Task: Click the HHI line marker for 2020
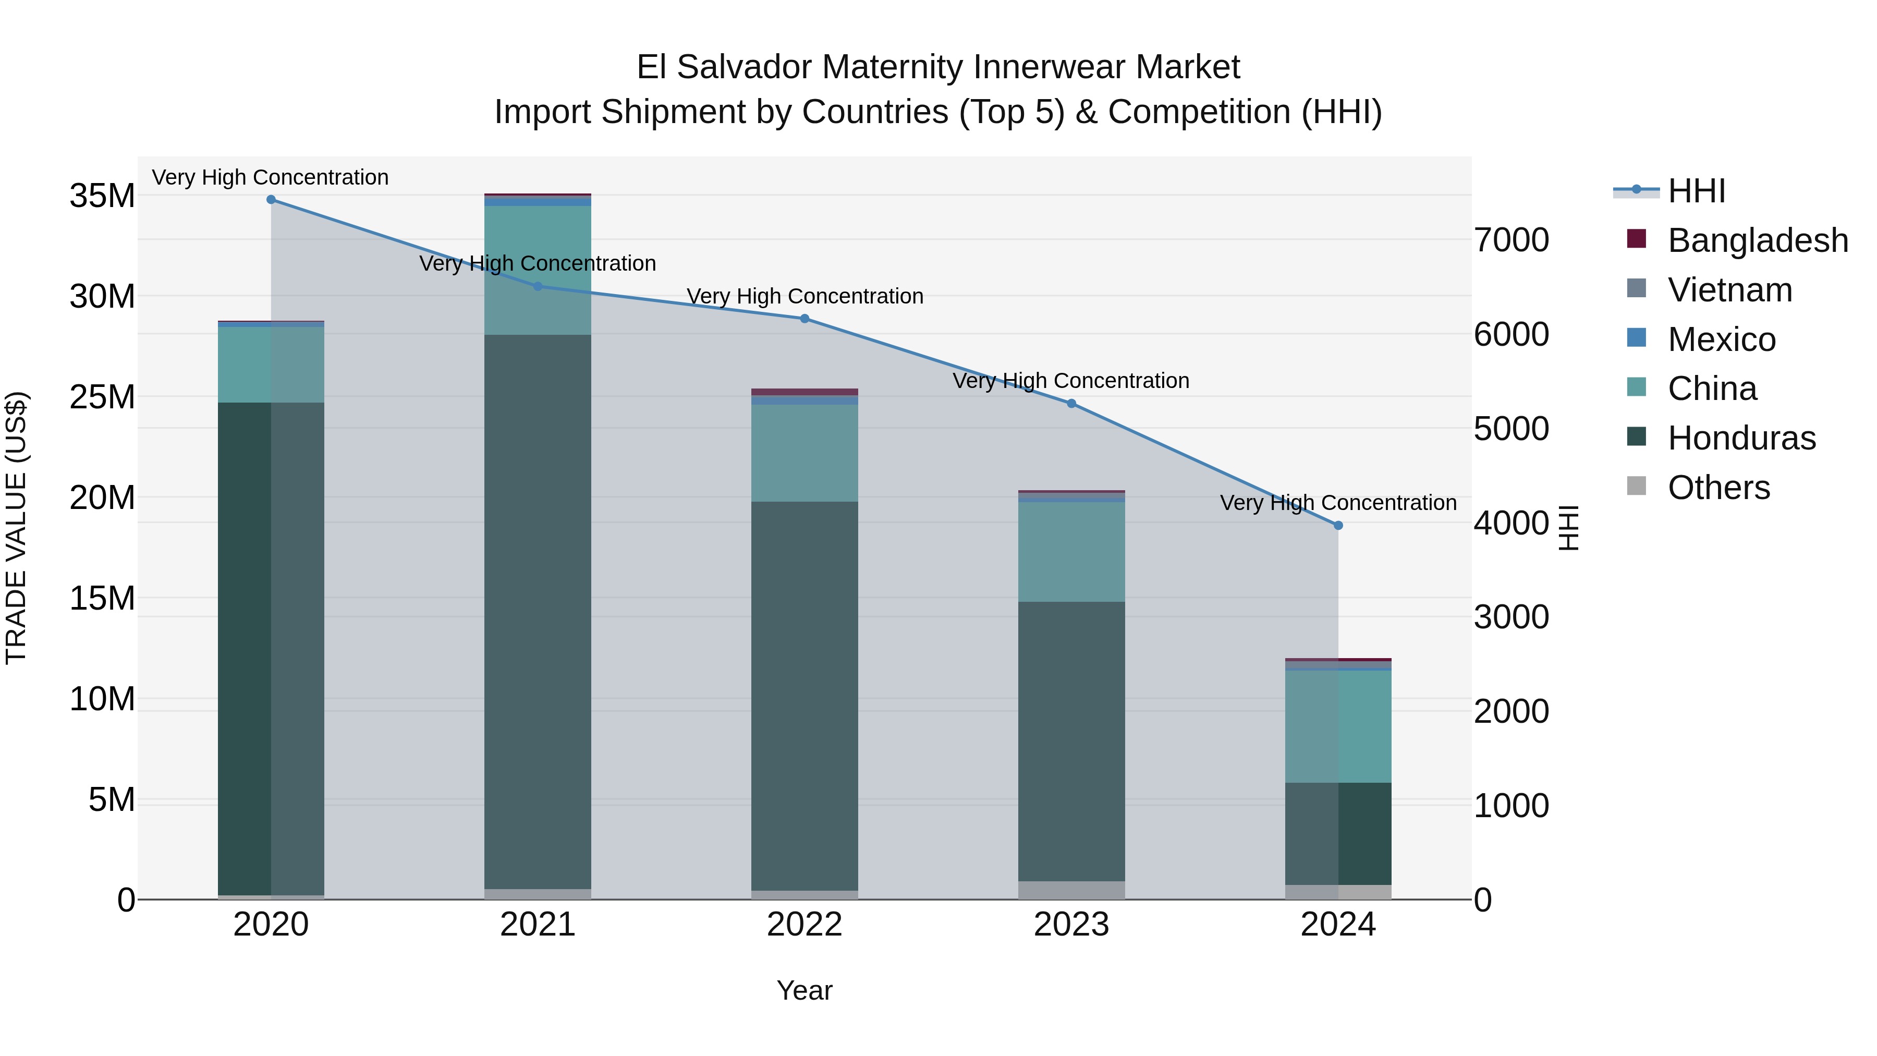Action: coord(271,200)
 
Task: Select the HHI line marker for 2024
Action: coord(1338,526)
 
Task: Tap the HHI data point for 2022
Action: coord(805,319)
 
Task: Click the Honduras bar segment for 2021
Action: coord(538,612)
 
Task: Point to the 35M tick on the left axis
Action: coord(102,196)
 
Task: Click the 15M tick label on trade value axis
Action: coord(102,598)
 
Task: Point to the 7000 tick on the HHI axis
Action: coord(1511,240)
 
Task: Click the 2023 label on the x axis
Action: coord(1071,925)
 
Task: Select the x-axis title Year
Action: coord(805,990)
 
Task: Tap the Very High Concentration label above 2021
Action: coord(538,263)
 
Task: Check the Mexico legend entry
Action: coord(1721,339)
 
